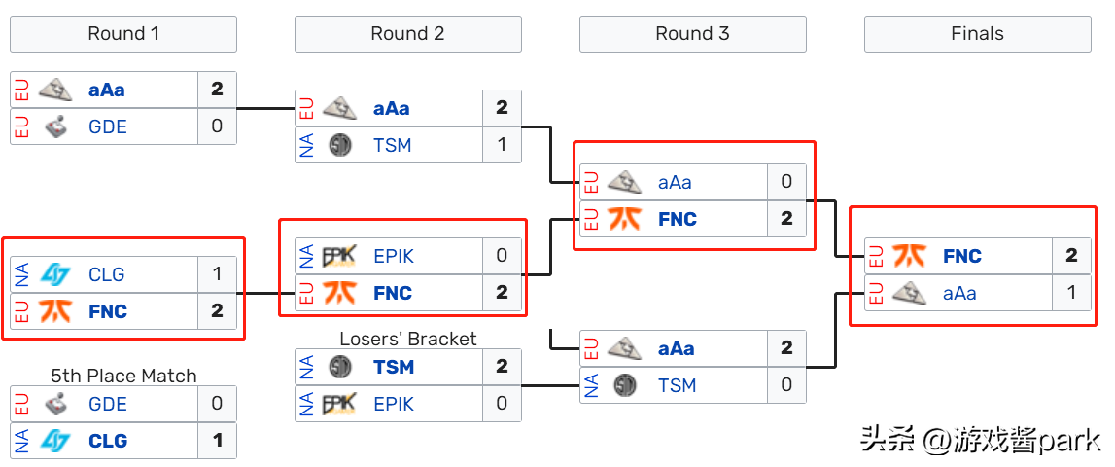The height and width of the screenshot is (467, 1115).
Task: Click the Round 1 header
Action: [123, 34]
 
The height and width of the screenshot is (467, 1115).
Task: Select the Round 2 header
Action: [408, 34]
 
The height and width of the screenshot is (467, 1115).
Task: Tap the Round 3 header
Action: [692, 34]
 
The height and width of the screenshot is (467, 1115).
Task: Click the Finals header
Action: [978, 34]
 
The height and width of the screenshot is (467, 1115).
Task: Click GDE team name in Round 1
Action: [108, 126]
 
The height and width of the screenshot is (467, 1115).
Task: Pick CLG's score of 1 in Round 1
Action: [217, 274]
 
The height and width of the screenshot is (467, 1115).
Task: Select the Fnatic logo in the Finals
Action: [909, 256]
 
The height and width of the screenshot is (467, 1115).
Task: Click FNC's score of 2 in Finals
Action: [1071, 256]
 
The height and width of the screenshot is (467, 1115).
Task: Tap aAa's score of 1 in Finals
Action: [1071, 293]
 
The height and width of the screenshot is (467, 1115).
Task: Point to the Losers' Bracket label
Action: [408, 339]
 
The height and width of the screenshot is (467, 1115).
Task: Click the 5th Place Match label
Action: [123, 376]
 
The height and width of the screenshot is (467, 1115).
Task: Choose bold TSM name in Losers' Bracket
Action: [394, 368]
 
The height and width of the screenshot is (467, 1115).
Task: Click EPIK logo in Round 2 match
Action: [339, 256]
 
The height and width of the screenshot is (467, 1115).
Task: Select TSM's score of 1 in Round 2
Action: [502, 145]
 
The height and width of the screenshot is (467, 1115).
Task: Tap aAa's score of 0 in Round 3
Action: [786, 182]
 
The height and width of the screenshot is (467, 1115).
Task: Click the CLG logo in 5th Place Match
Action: [54, 441]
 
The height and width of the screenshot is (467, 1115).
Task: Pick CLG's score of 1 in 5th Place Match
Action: [217, 441]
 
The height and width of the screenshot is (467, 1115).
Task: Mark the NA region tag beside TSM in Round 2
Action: [306, 145]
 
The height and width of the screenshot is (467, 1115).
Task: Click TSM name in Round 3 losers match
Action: [677, 386]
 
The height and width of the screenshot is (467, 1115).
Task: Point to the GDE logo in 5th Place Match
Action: [55, 405]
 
